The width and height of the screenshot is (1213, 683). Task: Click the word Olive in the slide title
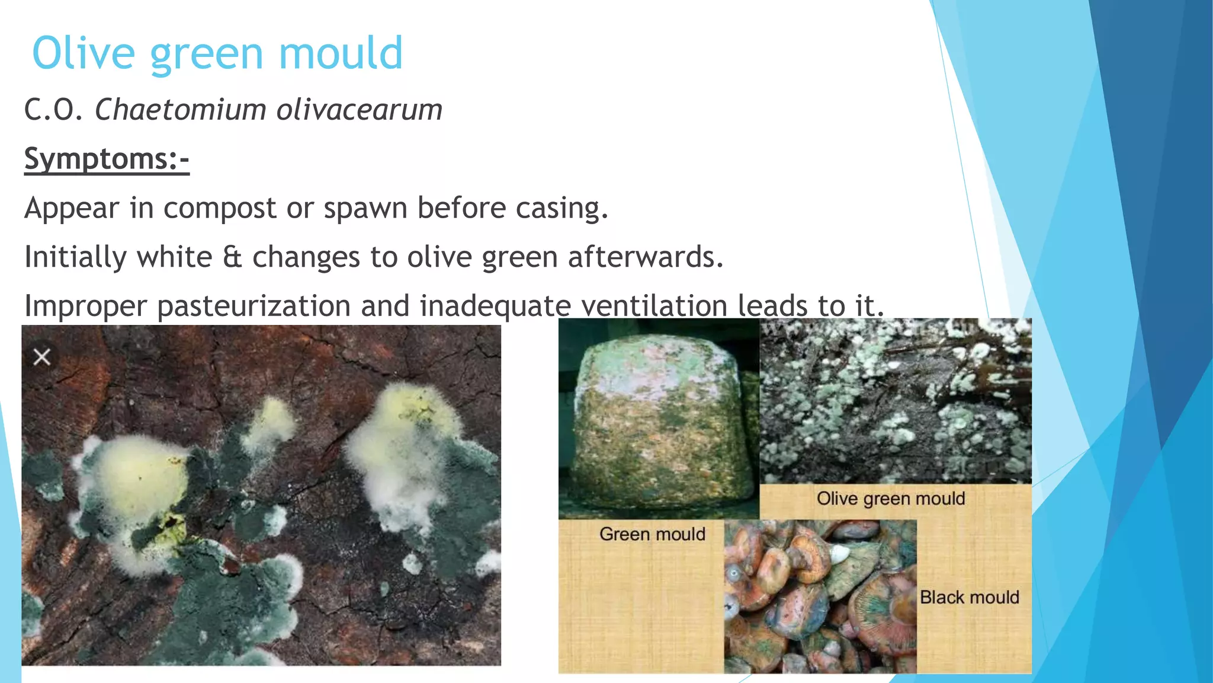(84, 53)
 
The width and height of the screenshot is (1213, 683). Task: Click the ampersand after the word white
(232, 257)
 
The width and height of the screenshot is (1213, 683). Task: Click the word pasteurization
(254, 307)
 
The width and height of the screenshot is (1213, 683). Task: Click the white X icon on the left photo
(41, 357)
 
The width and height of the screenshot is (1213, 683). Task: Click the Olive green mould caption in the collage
(891, 499)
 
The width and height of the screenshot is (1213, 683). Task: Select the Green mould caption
(652, 534)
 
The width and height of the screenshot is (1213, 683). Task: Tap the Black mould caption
(970, 597)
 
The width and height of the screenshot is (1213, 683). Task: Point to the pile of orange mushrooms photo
(820, 596)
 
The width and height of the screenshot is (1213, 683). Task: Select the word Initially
(75, 257)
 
